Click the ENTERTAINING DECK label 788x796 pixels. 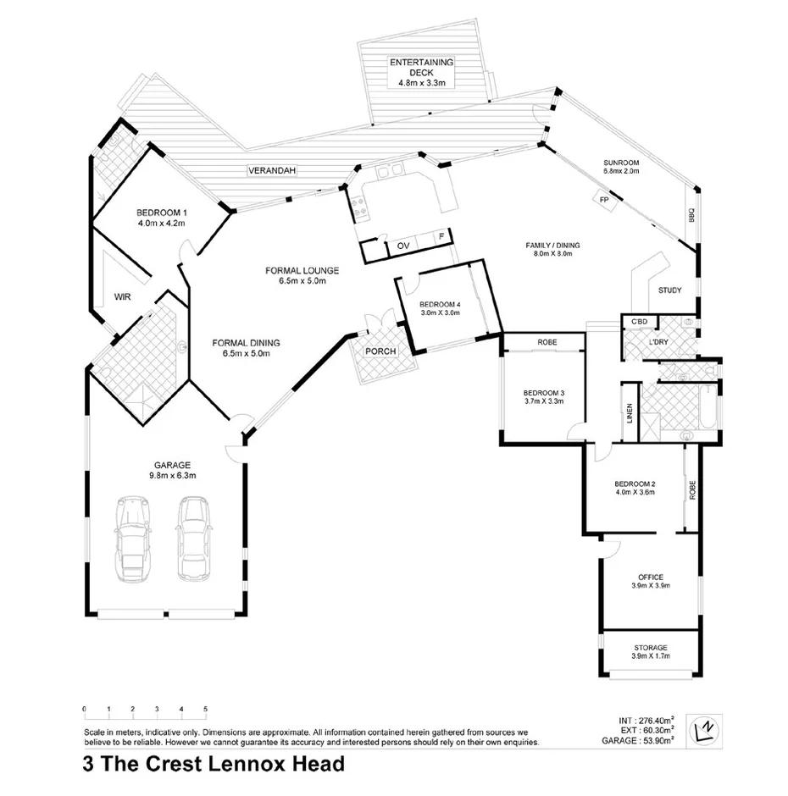pyautogui.click(x=421, y=63)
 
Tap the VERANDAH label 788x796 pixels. pyautogui.click(x=272, y=171)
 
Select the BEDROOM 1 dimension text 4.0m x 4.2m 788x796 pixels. pyautogui.click(x=161, y=223)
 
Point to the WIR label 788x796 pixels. pyautogui.click(x=122, y=297)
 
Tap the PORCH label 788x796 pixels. pyautogui.click(x=380, y=351)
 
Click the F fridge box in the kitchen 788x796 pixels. pyautogui.click(x=441, y=238)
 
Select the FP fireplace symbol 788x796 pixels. pyautogui.click(x=604, y=200)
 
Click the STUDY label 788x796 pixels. pyautogui.click(x=669, y=290)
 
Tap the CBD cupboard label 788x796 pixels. pyautogui.click(x=640, y=322)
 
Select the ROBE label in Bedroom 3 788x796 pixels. pyautogui.click(x=545, y=342)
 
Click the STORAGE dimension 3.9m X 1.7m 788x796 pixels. pyautogui.click(x=650, y=656)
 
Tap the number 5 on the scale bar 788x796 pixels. pyautogui.click(x=205, y=709)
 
